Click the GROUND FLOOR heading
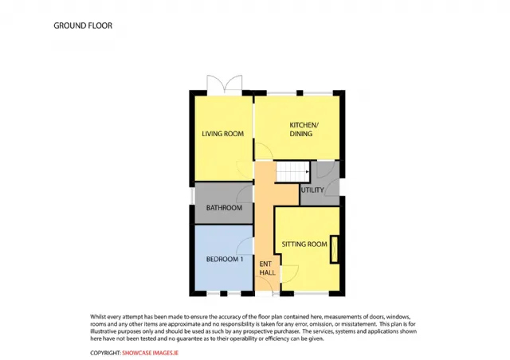[83, 25]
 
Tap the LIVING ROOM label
[223, 134]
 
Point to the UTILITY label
[312, 190]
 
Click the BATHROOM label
[224, 208]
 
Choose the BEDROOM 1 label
[225, 259]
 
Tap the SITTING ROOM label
[304, 245]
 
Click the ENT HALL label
[268, 268]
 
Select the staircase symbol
[292, 172]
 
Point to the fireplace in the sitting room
[334, 248]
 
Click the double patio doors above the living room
[225, 85]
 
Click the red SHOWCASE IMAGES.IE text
[151, 353]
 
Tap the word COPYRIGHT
[105, 353]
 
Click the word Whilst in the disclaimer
[98, 316]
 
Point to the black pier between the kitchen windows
[300, 93]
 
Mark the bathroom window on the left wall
[192, 197]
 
